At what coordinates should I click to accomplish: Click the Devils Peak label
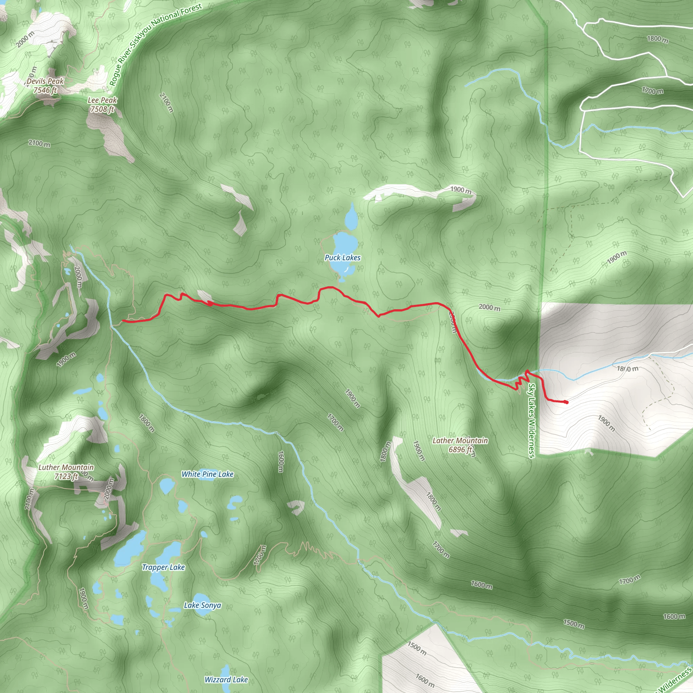tap(45, 85)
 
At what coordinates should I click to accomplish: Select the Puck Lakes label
tap(342, 258)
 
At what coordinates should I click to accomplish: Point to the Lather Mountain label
tap(460, 445)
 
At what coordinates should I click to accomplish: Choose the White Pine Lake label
tap(207, 474)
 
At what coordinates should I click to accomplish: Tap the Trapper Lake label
tap(163, 567)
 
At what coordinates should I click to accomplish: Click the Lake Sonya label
tap(202, 605)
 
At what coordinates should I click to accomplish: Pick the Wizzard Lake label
tap(226, 679)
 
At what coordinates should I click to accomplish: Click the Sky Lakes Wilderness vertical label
tap(532, 421)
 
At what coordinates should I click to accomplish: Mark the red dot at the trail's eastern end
tap(566, 402)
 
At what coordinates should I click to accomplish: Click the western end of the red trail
tap(123, 321)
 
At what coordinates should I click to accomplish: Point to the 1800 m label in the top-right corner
tap(657, 39)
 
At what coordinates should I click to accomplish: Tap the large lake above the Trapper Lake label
tap(130, 549)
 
